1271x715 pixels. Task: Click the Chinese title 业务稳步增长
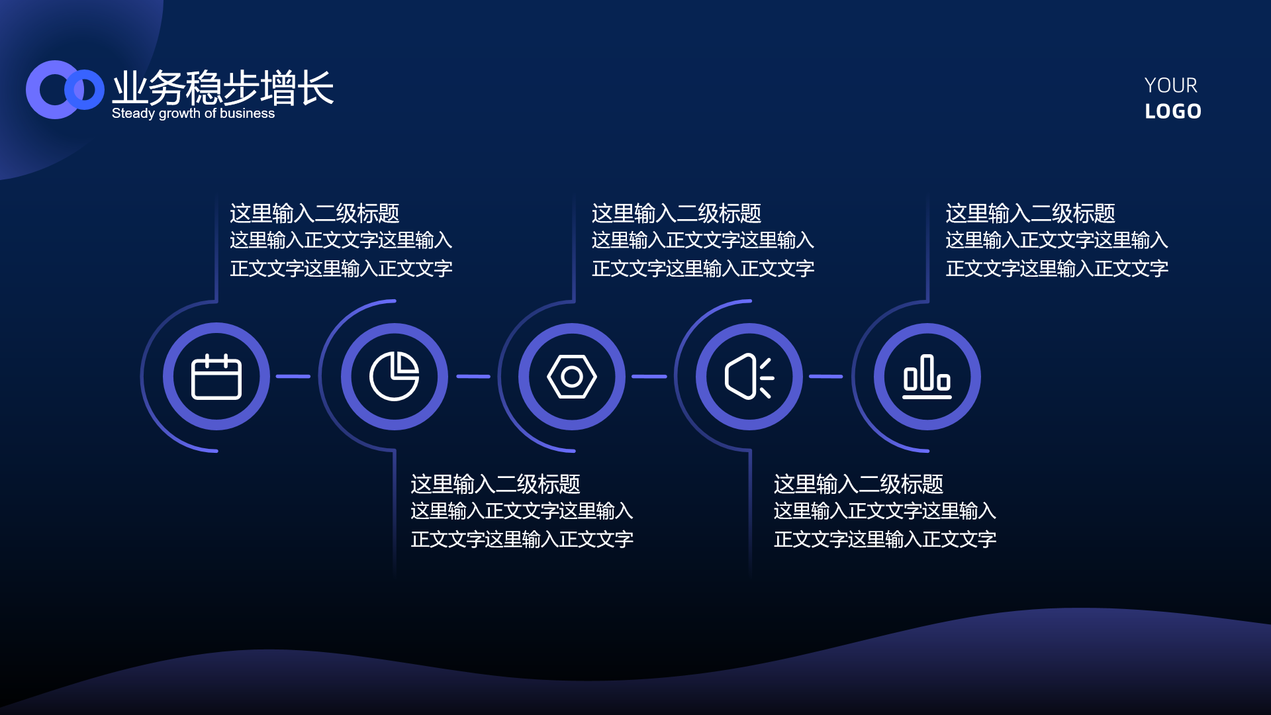(x=223, y=87)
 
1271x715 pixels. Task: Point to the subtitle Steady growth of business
(x=193, y=113)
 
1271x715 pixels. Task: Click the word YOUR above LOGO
(x=1171, y=85)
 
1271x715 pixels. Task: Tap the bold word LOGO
(x=1173, y=111)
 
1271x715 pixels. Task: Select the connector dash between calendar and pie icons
(x=293, y=377)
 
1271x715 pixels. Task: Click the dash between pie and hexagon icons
(x=473, y=377)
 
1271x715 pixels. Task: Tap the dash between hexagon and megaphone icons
(x=649, y=377)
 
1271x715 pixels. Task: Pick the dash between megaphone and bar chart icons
(x=826, y=377)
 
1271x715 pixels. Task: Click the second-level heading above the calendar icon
(x=314, y=213)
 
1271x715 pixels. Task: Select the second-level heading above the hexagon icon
(x=677, y=213)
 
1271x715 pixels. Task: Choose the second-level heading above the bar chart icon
(x=1031, y=213)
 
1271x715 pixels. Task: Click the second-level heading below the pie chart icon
(x=495, y=484)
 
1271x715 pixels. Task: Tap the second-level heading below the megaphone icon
(x=859, y=484)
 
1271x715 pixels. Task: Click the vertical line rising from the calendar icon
(x=216, y=248)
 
